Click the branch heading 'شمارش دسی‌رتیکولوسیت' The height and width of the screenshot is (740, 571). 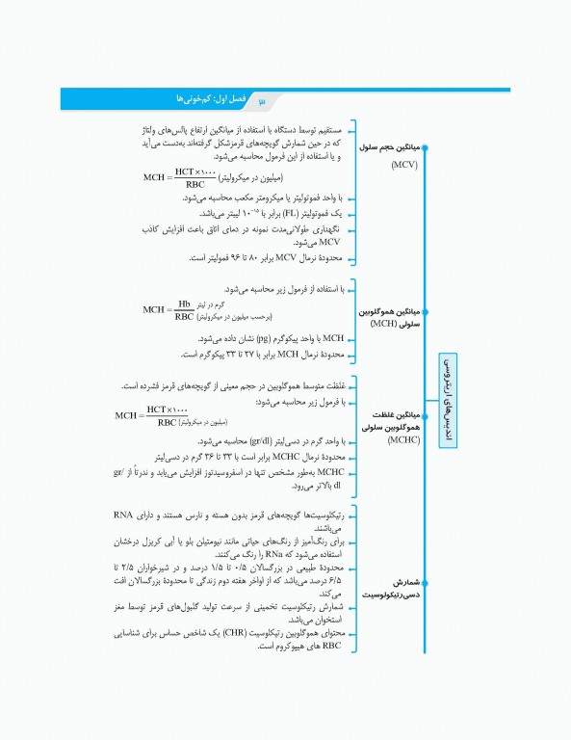pos(383,591)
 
